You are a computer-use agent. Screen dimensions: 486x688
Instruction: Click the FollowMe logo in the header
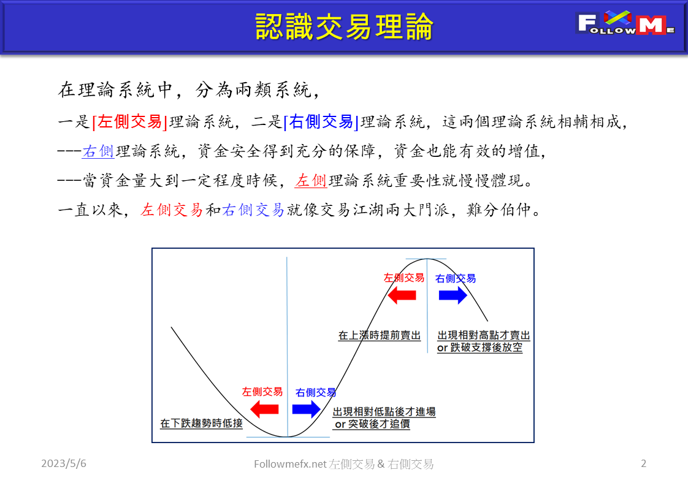tap(625, 24)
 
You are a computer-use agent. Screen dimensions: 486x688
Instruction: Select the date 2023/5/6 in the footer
tap(64, 464)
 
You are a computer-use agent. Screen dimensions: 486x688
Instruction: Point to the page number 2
tap(643, 464)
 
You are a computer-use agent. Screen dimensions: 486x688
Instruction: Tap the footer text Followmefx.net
tap(290, 465)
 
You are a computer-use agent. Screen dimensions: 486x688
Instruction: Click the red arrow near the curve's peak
tap(403, 295)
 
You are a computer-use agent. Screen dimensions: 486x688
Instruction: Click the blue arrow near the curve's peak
tap(453, 295)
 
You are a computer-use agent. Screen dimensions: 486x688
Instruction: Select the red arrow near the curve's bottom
tap(264, 409)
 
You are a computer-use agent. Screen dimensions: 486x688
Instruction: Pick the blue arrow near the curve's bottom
tap(306, 409)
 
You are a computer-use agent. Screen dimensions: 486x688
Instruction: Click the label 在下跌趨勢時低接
tap(201, 423)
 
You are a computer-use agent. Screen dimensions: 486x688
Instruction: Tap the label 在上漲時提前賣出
tap(380, 336)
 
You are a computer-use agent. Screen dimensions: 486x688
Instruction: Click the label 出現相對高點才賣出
tap(483, 336)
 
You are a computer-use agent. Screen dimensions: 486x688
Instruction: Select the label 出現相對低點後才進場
tap(384, 412)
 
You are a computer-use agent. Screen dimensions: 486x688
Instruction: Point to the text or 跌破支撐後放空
tap(480, 348)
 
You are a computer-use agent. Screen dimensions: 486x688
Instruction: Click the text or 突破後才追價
tap(372, 424)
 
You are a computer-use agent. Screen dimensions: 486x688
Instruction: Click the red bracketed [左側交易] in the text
tap(129, 121)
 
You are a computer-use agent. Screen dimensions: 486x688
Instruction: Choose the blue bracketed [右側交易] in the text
tap(321, 121)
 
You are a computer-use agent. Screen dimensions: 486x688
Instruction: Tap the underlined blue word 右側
tap(98, 151)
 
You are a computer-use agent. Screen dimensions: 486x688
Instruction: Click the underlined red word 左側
tap(311, 181)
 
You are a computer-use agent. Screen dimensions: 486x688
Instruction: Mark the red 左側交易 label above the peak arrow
tap(403, 278)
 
